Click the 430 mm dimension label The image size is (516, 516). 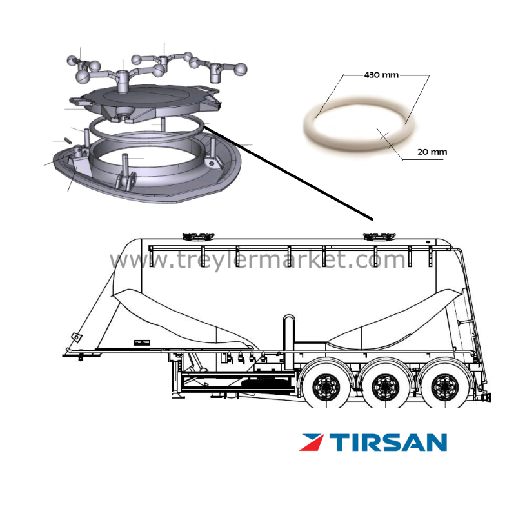pyautogui.click(x=381, y=75)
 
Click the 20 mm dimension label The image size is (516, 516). pyautogui.click(x=432, y=152)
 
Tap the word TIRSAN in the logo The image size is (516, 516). pyautogui.click(x=389, y=442)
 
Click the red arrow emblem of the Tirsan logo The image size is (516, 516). pyautogui.click(x=311, y=442)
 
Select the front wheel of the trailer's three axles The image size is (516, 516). pyautogui.click(x=326, y=387)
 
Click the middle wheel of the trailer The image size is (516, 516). pyautogui.click(x=385, y=387)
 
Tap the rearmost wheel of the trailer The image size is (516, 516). pyautogui.click(x=444, y=387)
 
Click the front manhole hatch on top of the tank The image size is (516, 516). pyautogui.click(x=199, y=236)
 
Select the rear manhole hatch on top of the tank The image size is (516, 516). pyautogui.click(x=379, y=236)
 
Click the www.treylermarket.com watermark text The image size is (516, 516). pyautogui.click(x=257, y=260)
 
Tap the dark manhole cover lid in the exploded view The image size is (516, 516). pyautogui.click(x=144, y=103)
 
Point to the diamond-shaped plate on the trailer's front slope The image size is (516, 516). pyautogui.click(x=77, y=337)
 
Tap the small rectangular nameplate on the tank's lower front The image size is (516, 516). pyautogui.click(x=142, y=342)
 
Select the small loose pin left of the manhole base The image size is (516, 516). pyautogui.click(x=68, y=141)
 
